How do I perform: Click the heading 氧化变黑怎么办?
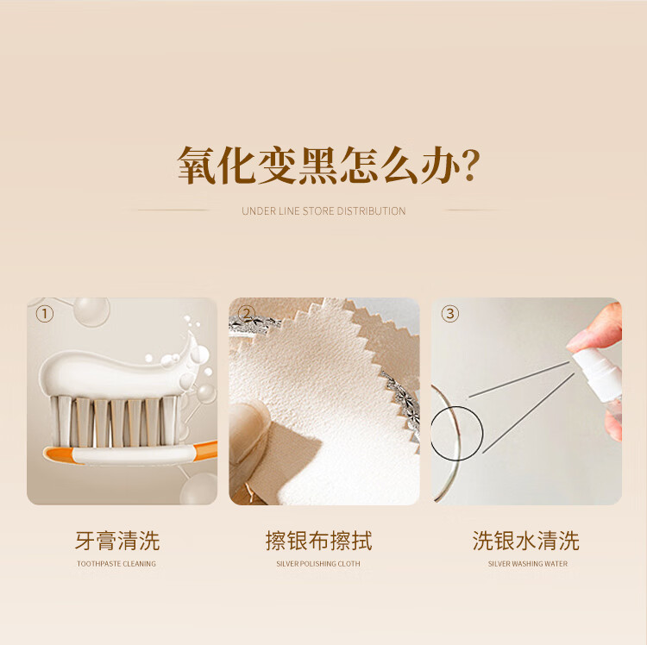tap(329, 166)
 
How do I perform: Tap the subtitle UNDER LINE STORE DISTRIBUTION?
tap(323, 211)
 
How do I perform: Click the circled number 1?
tap(45, 314)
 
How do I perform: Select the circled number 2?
tap(247, 314)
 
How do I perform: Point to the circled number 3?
tap(449, 314)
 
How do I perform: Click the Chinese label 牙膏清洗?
tap(117, 541)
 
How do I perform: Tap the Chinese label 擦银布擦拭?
tap(318, 541)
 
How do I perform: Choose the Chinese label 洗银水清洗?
tap(525, 541)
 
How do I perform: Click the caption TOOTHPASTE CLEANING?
tap(116, 564)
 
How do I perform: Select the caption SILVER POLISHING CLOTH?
tap(318, 564)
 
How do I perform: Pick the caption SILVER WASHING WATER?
tap(528, 564)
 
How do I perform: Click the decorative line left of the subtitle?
tap(173, 210)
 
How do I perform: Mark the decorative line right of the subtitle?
tap(474, 210)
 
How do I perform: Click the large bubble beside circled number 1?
tap(91, 311)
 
